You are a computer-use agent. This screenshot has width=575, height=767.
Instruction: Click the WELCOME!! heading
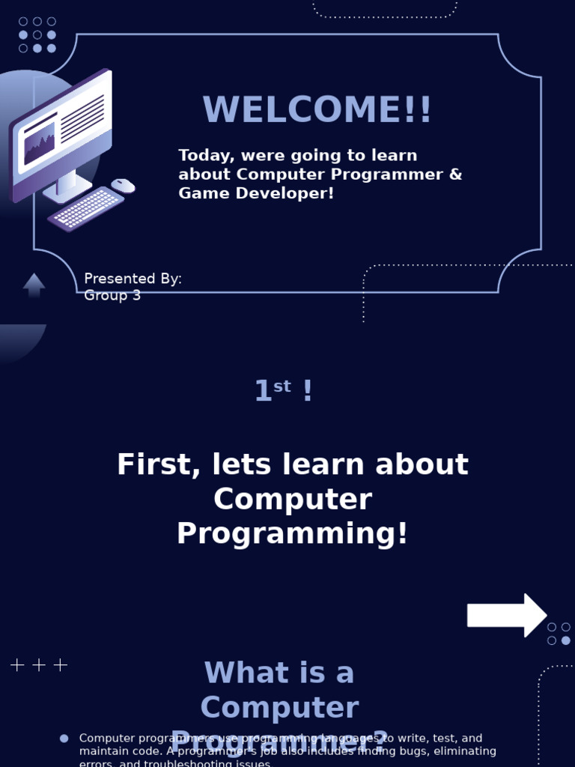click(x=317, y=110)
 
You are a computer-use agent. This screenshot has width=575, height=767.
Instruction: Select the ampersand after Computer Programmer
click(x=455, y=175)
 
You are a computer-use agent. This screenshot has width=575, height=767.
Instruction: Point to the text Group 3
click(x=112, y=295)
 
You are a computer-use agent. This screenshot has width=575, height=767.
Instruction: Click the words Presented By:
click(x=133, y=279)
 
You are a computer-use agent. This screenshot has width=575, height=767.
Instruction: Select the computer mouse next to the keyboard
click(x=123, y=185)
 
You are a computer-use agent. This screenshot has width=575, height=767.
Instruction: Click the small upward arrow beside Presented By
click(x=34, y=285)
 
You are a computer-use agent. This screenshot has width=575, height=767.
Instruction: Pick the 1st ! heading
click(x=283, y=391)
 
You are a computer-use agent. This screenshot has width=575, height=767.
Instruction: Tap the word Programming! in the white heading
click(x=293, y=534)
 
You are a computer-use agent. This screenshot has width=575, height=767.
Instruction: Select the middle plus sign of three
click(x=39, y=664)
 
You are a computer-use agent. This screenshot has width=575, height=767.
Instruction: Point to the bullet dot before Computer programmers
click(x=64, y=739)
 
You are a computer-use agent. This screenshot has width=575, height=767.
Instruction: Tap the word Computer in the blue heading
click(x=279, y=708)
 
